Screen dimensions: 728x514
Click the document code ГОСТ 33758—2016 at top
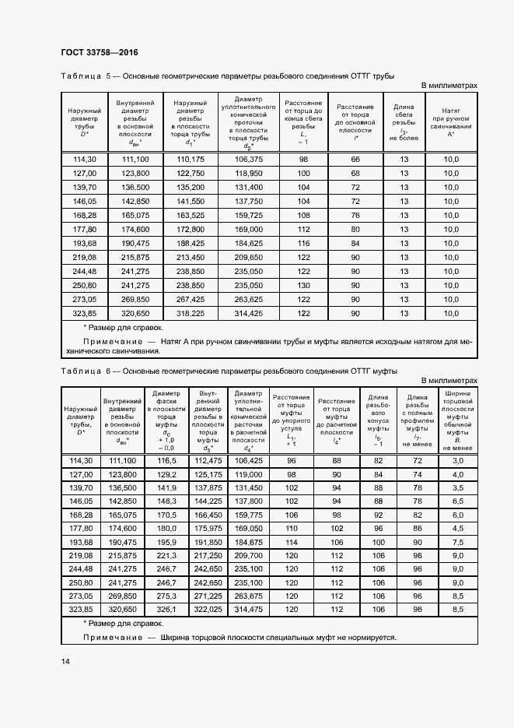(100, 53)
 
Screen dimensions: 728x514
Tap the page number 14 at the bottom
(65, 662)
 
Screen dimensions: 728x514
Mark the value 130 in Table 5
(303, 284)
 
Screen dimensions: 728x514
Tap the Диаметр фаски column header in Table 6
(166, 420)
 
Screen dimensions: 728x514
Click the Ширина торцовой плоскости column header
(458, 420)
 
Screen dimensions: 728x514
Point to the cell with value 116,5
(166, 461)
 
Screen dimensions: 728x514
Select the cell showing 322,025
(208, 608)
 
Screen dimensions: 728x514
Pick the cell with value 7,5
(458, 541)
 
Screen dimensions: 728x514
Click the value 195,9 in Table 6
(166, 541)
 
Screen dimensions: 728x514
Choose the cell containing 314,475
(250, 608)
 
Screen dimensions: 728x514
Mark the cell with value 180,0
(166, 528)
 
